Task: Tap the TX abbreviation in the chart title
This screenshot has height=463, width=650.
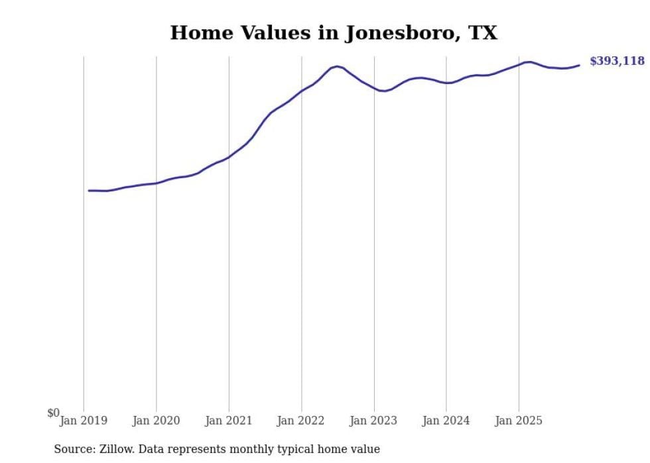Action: (x=484, y=33)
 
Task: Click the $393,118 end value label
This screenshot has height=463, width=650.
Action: (x=617, y=61)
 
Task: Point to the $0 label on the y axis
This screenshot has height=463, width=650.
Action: (x=53, y=413)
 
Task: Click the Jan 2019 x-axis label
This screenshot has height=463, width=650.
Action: (x=84, y=421)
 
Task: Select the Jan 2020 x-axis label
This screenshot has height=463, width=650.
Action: (x=156, y=421)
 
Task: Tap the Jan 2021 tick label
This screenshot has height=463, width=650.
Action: (x=229, y=421)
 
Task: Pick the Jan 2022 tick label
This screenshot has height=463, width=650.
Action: (x=301, y=421)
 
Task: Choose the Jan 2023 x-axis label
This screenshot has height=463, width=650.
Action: (x=373, y=421)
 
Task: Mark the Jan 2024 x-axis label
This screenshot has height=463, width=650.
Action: (x=446, y=421)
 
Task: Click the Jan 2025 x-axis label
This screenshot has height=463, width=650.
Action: (x=519, y=421)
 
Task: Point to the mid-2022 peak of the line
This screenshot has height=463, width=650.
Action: (x=337, y=66)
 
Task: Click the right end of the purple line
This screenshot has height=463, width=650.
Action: (x=579, y=65)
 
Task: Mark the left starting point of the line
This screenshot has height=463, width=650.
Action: (x=89, y=190)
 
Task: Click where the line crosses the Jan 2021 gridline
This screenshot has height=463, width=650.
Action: (x=229, y=157)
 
